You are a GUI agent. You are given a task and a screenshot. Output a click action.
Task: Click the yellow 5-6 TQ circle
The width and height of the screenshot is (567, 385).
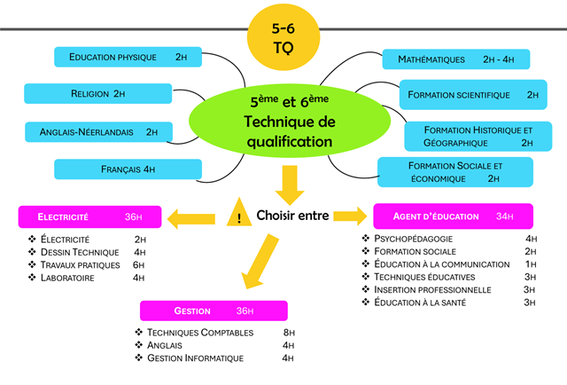tap(285, 35)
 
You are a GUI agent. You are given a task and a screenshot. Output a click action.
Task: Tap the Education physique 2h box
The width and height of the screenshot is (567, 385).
tap(128, 57)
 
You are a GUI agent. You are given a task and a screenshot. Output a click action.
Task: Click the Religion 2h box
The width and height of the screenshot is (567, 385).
tap(98, 93)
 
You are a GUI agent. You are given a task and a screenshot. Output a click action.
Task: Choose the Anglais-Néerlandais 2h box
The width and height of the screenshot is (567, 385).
tap(98, 132)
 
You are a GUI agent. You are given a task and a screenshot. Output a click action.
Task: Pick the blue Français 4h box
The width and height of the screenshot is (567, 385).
tap(128, 169)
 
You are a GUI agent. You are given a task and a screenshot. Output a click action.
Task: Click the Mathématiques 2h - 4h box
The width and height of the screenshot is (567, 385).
tap(455, 59)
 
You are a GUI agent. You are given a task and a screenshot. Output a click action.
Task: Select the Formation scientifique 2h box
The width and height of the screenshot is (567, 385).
tap(470, 94)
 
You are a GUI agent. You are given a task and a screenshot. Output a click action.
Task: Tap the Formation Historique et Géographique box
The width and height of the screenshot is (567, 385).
tap(478, 136)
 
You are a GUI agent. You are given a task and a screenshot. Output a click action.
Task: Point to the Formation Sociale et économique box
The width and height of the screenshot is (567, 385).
tap(455, 171)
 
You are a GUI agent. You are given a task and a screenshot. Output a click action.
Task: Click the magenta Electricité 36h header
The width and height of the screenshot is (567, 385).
tap(91, 216)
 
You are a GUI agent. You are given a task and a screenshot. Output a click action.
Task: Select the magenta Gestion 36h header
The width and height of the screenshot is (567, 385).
tap(214, 311)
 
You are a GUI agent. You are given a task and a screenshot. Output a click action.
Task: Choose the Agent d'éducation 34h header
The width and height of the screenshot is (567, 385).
tap(453, 216)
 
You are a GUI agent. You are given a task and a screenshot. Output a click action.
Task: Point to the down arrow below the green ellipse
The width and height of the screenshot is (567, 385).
tap(286, 182)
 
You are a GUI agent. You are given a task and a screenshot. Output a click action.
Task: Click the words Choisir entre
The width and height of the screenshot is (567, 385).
tap(291, 216)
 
